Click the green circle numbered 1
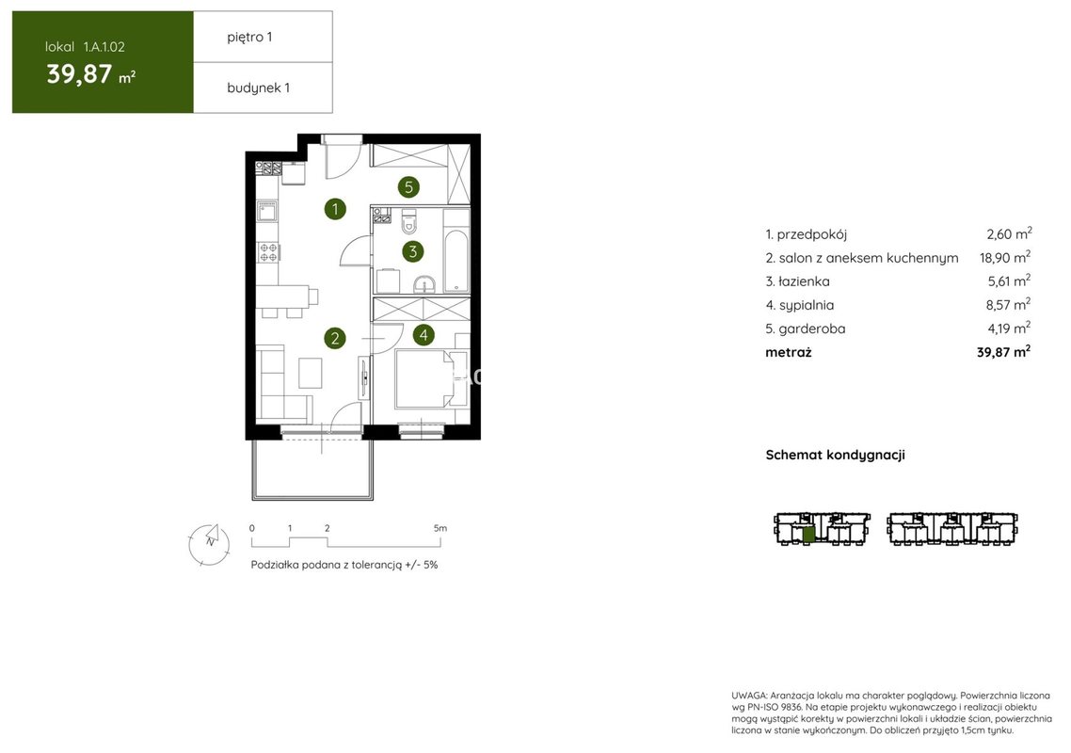tap(335, 208)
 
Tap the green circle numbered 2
tap(335, 338)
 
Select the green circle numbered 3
tap(412, 251)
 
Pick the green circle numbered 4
tap(424, 335)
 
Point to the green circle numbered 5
tap(408, 186)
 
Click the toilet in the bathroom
tap(409, 221)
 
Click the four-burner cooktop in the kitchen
tap(267, 252)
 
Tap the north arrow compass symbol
tap(209, 544)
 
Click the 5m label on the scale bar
tap(440, 528)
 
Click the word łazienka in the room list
tap(804, 281)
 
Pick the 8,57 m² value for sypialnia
tap(1008, 304)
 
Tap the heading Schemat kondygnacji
tap(835, 455)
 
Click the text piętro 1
tap(249, 37)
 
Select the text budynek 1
tap(258, 88)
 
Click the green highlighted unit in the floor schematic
tap(808, 535)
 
